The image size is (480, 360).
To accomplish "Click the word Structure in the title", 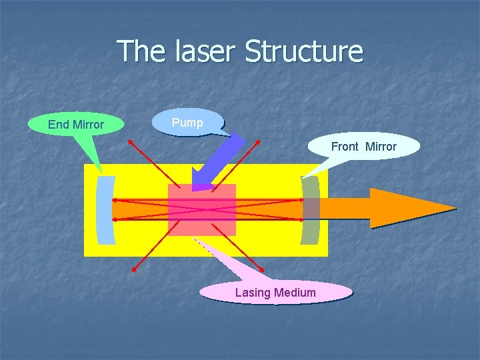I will coord(304,51).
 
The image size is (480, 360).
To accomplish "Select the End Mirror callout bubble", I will coord(76,125).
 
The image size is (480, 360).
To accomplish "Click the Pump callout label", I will coord(187,123).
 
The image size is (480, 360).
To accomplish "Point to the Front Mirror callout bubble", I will coord(363,147).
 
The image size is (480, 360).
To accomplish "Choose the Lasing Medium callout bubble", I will coord(275,292).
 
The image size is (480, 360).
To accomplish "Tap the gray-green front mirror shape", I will coord(311,210).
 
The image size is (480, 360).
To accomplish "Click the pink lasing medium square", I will coord(202,210).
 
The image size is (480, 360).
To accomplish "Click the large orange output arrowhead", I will coord(407,208).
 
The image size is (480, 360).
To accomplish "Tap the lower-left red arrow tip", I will coord(132,271).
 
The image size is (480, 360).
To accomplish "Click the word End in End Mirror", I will coord(57,125).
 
